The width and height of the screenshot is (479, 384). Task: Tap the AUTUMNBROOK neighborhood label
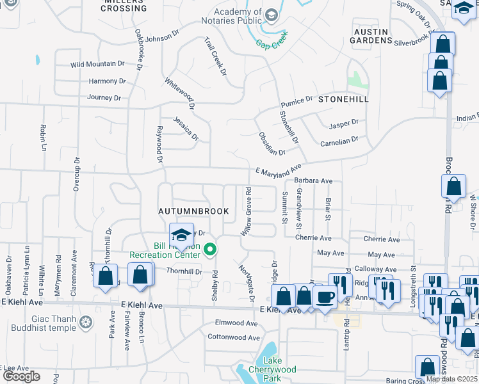[186, 211]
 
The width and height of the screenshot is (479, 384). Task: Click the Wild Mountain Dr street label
[97, 64]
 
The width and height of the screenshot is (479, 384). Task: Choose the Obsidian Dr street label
[272, 144]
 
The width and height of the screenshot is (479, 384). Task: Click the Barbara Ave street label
[314, 181]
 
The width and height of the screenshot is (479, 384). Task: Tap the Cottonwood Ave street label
[234, 337]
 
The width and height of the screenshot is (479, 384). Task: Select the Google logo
[21, 376]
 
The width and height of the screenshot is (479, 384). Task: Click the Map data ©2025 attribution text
[452, 379]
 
